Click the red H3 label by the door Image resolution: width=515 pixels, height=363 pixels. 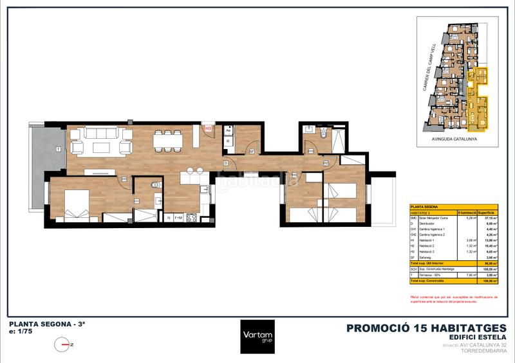click(209, 128)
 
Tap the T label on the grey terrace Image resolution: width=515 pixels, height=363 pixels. click(59, 148)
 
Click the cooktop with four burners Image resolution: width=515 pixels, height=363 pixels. click(191, 217)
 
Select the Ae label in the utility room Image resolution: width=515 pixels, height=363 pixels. click(229, 130)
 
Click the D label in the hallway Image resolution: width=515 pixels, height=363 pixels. click(226, 163)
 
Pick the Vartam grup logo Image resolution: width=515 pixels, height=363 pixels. click(257, 336)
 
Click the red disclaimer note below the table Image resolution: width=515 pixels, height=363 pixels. click(454, 299)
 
